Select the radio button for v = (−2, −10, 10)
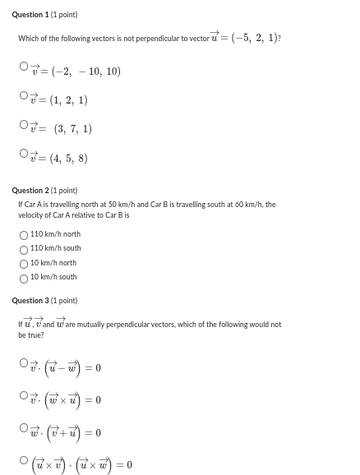click(24, 68)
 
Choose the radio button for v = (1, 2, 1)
click(24, 97)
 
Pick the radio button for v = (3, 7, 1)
click(24, 126)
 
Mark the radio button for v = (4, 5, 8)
click(24, 154)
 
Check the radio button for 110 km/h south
click(24, 249)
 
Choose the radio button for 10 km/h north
click(24, 264)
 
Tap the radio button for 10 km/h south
click(24, 278)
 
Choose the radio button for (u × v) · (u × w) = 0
click(24, 460)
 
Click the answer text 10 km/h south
click(53, 278)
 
